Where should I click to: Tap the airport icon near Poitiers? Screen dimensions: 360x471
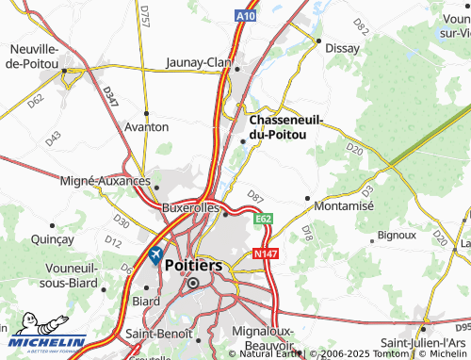tap(154, 255)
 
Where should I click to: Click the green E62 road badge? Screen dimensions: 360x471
tap(264, 219)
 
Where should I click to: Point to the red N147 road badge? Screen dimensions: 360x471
tap(265, 254)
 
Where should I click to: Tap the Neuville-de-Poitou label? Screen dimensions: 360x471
tap(34, 56)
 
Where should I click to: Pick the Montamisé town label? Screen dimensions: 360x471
tap(345, 205)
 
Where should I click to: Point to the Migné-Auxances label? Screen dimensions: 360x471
tap(105, 179)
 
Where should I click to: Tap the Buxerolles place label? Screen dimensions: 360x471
tap(191, 205)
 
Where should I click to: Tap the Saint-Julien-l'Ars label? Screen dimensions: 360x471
tap(424, 341)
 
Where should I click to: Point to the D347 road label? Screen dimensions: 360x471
tap(109, 96)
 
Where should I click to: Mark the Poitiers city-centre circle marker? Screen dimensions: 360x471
tap(193, 283)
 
